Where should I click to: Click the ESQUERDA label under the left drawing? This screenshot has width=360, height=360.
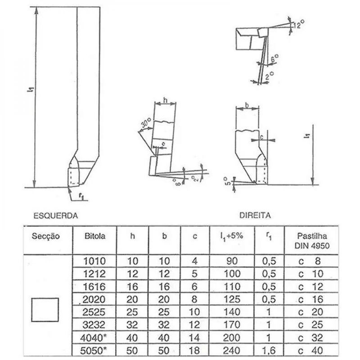coord(56,216)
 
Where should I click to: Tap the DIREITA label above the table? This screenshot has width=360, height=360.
coord(255,216)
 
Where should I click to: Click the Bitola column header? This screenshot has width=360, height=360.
coord(95,235)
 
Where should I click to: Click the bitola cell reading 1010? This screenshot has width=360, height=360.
coord(95,260)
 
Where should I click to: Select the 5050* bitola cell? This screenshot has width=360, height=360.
coord(95,350)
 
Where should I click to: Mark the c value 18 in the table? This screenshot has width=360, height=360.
coord(194,350)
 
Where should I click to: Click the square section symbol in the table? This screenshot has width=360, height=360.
coord(45,310)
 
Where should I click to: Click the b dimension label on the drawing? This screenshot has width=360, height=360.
coord(248,105)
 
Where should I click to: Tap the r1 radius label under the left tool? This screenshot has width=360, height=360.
coord(81,197)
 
